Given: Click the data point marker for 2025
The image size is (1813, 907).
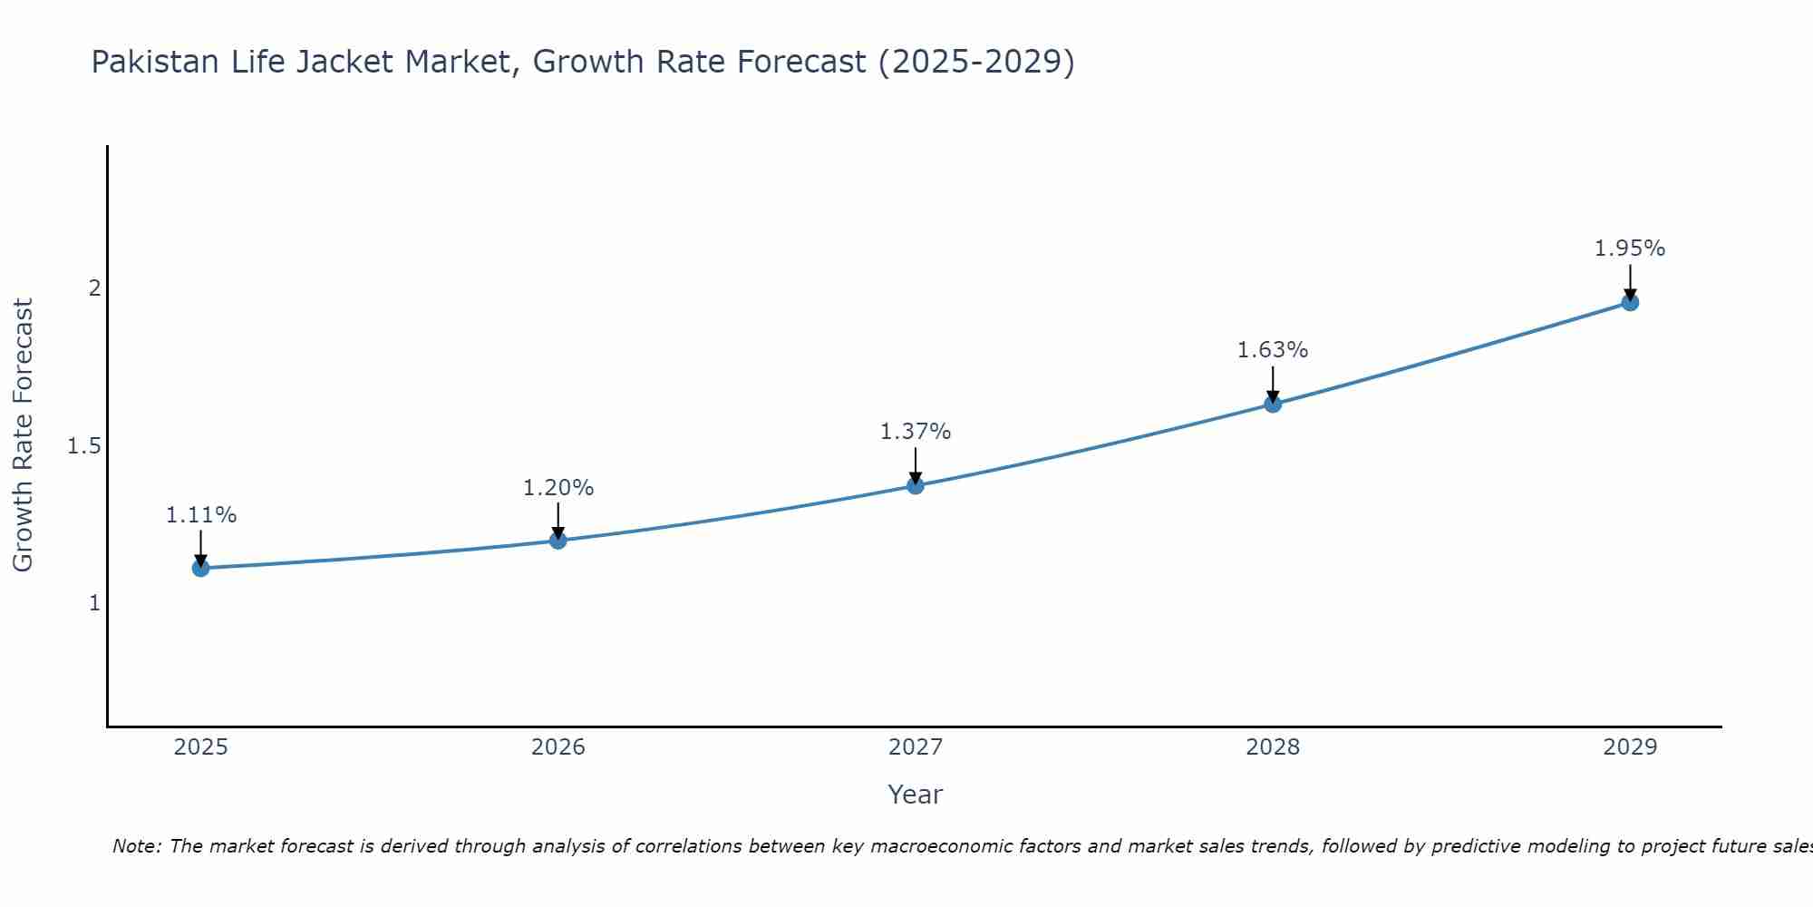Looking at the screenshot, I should (200, 569).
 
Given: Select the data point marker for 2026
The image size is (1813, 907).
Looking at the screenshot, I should (557, 541).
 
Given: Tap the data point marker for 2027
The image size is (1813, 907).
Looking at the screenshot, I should (916, 485).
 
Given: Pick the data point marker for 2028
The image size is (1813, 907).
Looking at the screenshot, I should (1273, 404).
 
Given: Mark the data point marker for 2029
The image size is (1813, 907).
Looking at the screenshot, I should (1630, 302).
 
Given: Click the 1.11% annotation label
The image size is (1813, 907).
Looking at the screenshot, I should (200, 515).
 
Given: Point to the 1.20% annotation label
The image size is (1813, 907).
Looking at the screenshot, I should (557, 488).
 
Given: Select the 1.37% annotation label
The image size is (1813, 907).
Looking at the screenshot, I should (916, 432).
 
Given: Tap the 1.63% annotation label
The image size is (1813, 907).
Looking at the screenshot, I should (1273, 350).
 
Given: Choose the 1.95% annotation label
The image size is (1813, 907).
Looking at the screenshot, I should (1630, 249).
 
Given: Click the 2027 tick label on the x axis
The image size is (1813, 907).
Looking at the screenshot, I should (916, 747).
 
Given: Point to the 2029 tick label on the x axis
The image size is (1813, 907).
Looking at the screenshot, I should (1630, 747).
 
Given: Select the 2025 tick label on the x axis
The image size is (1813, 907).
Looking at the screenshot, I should (200, 747).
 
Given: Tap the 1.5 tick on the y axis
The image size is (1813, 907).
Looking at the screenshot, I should (83, 446).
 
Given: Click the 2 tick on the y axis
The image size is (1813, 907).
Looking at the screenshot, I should (93, 288).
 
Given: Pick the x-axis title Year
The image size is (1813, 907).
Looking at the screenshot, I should (916, 795).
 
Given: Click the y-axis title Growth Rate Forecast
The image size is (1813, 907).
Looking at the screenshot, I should (23, 435).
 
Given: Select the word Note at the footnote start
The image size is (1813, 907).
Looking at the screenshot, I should (136, 846).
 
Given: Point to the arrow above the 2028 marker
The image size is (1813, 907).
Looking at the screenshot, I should (1273, 383).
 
